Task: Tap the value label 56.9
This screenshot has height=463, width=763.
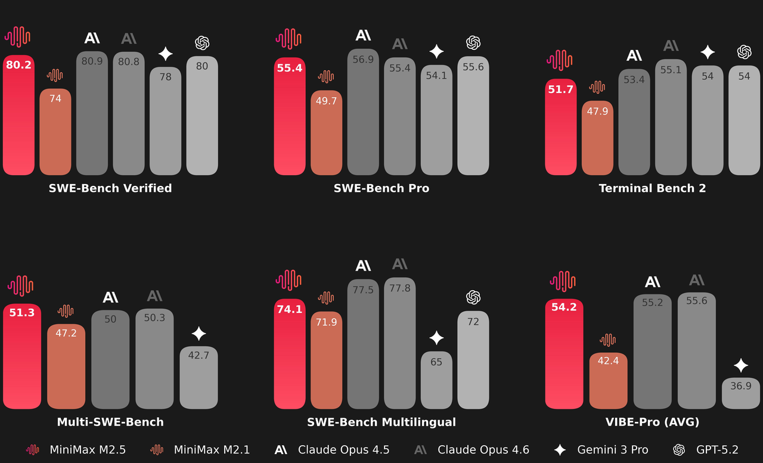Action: click(363, 60)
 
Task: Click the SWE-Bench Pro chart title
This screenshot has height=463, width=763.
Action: click(381, 188)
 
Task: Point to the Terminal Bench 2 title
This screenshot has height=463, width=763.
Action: click(652, 188)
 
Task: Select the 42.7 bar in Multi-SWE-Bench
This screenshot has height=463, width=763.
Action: click(198, 378)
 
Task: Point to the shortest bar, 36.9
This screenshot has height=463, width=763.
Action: click(741, 393)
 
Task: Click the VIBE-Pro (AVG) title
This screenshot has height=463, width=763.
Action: click(652, 422)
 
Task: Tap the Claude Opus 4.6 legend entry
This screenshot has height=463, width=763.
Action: click(472, 450)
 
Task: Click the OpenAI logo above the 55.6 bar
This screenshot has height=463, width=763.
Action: click(473, 43)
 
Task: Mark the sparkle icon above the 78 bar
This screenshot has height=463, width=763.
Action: click(166, 54)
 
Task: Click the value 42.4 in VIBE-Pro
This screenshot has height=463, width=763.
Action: click(608, 361)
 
